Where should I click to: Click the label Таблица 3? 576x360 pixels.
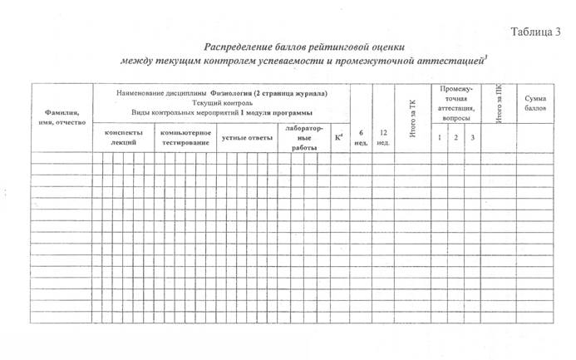[535, 32]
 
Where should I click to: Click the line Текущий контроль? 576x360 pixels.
[221, 102]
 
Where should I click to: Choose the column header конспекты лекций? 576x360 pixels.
[124, 137]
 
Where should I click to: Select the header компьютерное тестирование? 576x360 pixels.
[186, 137]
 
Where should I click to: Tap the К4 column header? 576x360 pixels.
[338, 136]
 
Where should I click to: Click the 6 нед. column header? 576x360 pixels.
[362, 137]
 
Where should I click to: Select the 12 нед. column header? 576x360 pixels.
[383, 137]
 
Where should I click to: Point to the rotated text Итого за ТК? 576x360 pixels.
[412, 117]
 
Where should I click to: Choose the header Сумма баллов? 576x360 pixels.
[535, 104]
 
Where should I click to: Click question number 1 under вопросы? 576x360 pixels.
[440, 137]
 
